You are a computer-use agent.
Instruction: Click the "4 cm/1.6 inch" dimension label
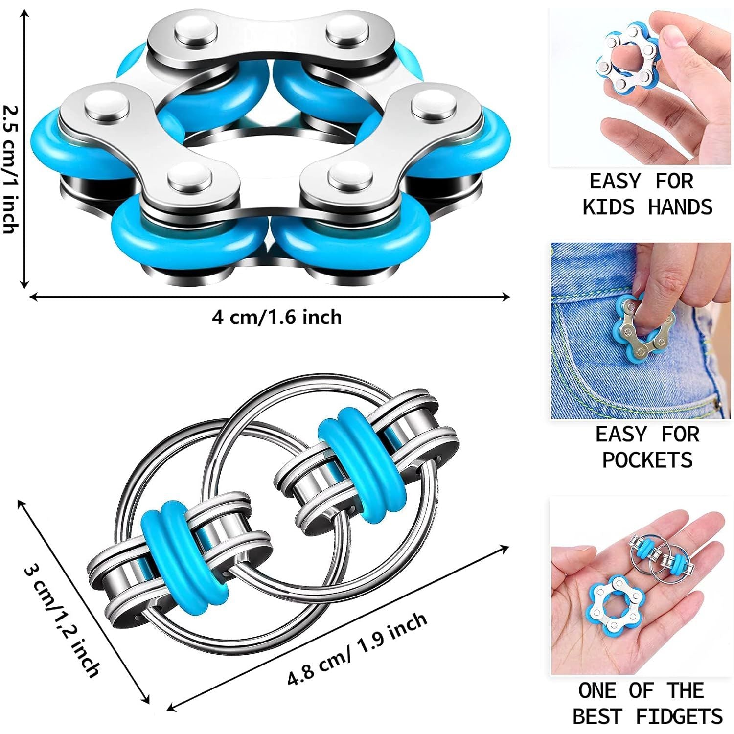coord(276,317)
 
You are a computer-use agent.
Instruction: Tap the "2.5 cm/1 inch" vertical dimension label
coord(11,162)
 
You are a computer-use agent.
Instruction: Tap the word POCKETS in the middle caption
coord(647,460)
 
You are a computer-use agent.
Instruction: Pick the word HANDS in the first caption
coord(680,207)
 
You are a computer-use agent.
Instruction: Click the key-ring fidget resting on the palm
coord(661,558)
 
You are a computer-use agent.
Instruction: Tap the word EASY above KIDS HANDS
coord(614,182)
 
